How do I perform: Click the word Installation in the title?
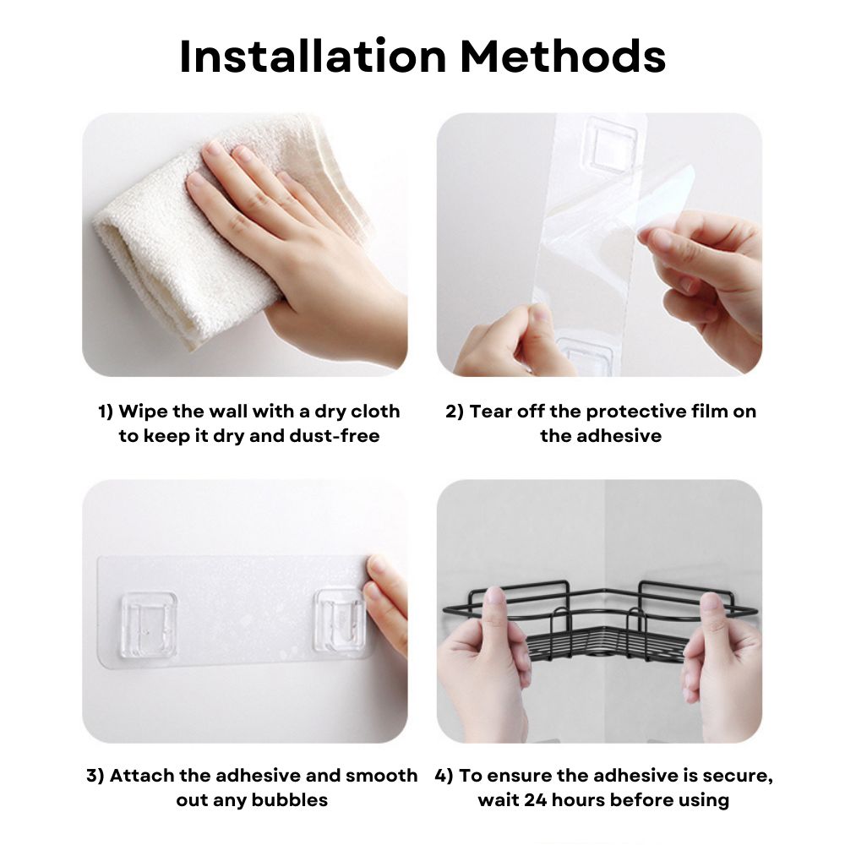313,56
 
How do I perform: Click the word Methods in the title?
563,56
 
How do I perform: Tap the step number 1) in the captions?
106,412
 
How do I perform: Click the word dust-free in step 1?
335,435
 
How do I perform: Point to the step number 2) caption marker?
455,412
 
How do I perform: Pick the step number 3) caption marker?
95,776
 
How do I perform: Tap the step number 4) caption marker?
444,776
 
